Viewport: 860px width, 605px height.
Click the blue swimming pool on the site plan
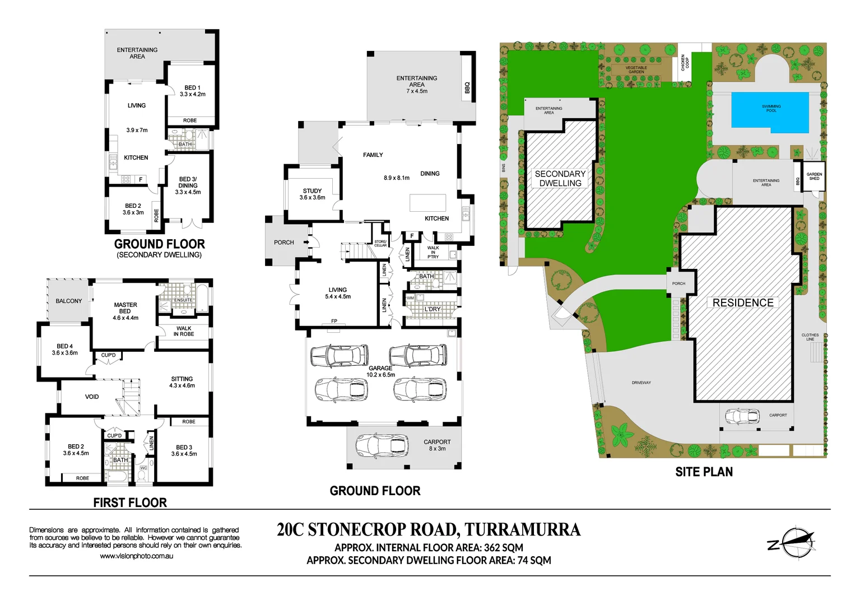tap(770, 113)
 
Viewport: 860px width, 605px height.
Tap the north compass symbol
tap(795, 542)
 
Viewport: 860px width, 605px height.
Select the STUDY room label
tap(312, 194)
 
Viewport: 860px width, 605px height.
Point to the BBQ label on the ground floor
tap(467, 88)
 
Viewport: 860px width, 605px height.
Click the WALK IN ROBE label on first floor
tap(184, 331)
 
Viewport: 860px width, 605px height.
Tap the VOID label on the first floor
tap(92, 397)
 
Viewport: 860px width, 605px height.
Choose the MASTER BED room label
tap(125, 311)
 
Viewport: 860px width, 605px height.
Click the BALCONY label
tap(69, 301)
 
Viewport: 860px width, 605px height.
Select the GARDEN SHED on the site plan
tap(814, 176)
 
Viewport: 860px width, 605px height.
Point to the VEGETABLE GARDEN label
tap(636, 70)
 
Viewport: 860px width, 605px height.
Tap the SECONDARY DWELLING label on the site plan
tap(560, 179)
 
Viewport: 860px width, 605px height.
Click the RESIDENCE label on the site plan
tap(743, 302)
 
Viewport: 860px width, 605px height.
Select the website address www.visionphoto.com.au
tap(136, 556)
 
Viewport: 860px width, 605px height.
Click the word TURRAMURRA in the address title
tap(522, 530)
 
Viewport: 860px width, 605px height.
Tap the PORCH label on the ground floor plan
tap(284, 243)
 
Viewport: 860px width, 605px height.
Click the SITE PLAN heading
tap(704, 472)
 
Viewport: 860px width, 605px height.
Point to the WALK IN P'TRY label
tap(433, 252)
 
